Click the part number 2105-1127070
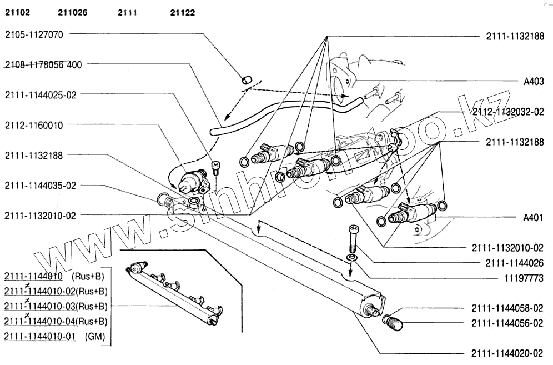34,34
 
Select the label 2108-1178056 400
43,64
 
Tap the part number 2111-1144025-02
40,95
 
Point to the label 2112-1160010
34,125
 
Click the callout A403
534,81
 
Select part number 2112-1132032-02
507,112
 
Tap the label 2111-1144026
507,263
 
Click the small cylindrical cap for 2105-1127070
247,79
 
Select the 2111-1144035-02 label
40,186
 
